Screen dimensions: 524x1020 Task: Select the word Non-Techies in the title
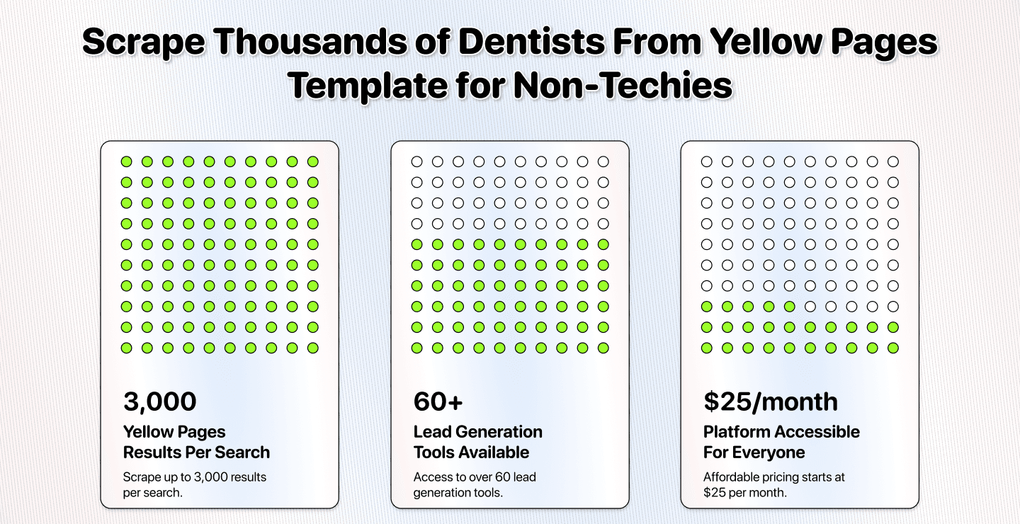click(623, 86)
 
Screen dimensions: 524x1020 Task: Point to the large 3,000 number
click(159, 401)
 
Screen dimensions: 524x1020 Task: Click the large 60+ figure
click(438, 401)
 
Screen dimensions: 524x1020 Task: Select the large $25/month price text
click(771, 401)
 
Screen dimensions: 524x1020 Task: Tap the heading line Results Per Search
click(196, 452)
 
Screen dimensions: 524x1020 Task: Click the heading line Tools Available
click(471, 452)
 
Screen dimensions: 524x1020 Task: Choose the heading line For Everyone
click(754, 452)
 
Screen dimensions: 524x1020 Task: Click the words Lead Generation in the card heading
click(477, 432)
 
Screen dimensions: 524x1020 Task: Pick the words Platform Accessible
click(781, 432)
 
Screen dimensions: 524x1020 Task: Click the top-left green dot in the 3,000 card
click(126, 161)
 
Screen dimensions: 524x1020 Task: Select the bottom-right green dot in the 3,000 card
click(313, 348)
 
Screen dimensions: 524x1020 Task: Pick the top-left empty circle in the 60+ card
click(416, 161)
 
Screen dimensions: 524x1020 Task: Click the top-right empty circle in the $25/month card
click(893, 161)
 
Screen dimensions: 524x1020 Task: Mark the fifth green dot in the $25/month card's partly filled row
click(790, 307)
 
